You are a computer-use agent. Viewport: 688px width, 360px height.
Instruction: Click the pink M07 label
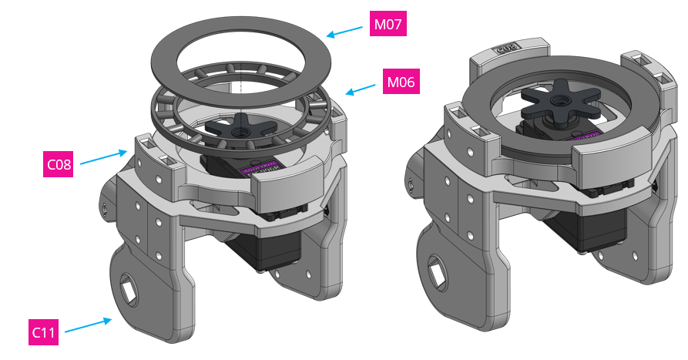388,25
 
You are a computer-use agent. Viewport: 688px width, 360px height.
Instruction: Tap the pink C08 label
59,164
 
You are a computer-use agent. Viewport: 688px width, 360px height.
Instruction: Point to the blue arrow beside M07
344,31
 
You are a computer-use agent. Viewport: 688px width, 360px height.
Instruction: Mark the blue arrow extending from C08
104,157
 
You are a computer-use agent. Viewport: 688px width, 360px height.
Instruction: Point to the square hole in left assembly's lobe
128,291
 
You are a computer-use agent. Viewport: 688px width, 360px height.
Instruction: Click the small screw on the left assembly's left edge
103,207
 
